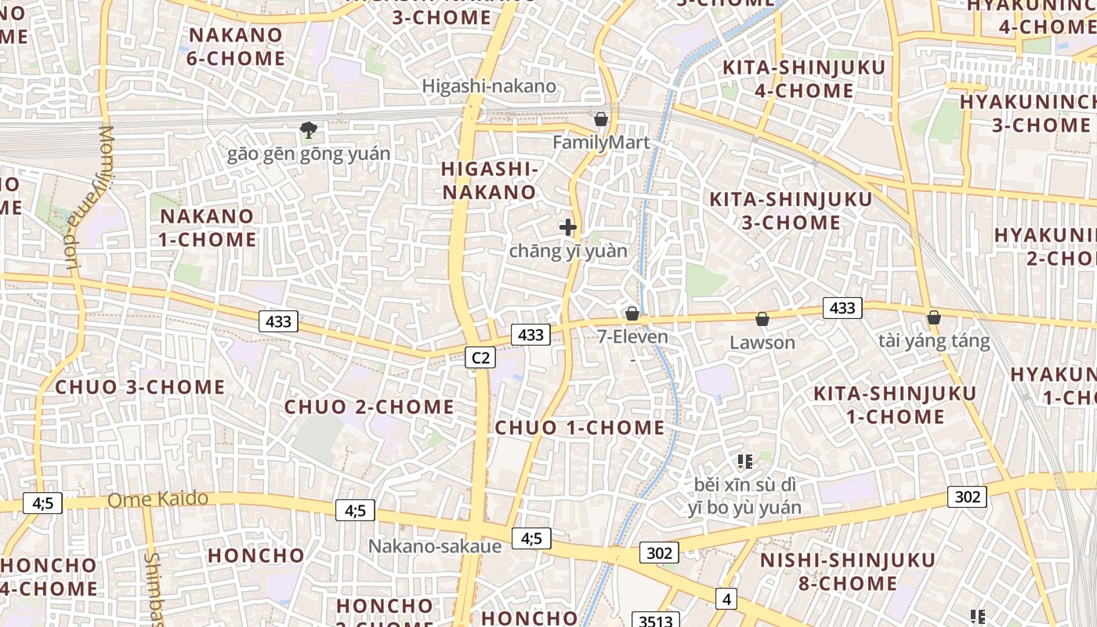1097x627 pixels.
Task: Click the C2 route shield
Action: click(480, 357)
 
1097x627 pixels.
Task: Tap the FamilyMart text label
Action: click(601, 143)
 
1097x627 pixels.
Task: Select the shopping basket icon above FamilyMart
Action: click(601, 119)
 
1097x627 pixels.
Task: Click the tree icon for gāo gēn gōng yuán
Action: click(309, 129)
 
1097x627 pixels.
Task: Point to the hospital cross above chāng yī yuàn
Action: click(568, 227)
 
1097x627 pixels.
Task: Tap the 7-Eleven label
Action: click(632, 337)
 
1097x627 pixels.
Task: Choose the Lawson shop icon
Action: click(762, 319)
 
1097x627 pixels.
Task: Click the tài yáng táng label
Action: click(934, 342)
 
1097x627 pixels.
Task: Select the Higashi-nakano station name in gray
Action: click(489, 86)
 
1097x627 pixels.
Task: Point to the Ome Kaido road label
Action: click(158, 498)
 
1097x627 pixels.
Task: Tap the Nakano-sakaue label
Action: click(435, 546)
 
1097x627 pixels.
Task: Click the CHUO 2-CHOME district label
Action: click(369, 407)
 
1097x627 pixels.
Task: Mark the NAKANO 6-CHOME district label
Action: click(237, 46)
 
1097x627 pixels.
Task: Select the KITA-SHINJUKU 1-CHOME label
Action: click(896, 404)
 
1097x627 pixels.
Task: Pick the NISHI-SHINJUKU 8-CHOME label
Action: click(848, 571)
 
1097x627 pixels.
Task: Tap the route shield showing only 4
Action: click(726, 600)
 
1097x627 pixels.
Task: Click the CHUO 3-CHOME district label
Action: click(140, 387)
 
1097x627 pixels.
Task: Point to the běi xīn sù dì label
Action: click(744, 484)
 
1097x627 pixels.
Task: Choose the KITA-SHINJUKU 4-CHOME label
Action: click(804, 78)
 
